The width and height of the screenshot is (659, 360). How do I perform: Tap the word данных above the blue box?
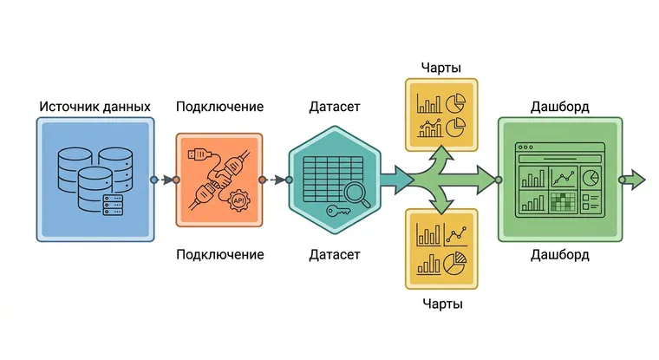pos(127,108)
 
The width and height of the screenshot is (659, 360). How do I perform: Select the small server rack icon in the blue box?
pos(113,205)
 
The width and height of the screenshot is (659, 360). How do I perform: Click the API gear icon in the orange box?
pos(238,200)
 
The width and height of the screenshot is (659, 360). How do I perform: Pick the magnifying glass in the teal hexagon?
pos(357,195)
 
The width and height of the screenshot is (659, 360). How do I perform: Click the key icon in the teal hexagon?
pos(338,210)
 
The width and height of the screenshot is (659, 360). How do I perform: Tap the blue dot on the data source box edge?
pos(154,180)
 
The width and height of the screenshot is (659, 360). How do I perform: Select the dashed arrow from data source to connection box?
pos(167,180)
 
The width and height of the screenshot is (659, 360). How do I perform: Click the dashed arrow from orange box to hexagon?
pos(277,180)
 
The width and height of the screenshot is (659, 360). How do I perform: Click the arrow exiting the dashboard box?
pos(635,180)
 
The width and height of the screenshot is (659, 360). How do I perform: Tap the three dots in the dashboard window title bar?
pos(525,147)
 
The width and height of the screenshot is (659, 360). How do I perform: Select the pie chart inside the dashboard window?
pos(590,177)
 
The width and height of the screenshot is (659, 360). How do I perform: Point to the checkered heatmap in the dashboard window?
pos(563,201)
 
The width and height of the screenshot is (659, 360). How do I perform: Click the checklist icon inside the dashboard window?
pos(590,202)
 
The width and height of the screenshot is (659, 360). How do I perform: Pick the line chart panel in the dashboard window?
pos(563,177)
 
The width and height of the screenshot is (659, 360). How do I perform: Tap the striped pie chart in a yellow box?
pos(454,264)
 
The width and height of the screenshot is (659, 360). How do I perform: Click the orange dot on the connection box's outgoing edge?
pos(262,180)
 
